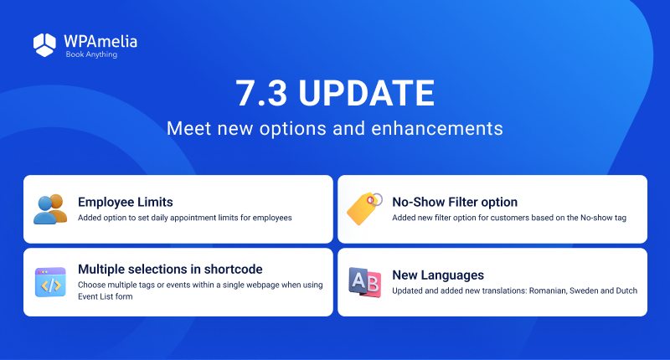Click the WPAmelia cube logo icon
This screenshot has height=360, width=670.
click(44, 45)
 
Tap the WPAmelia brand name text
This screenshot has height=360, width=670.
click(100, 41)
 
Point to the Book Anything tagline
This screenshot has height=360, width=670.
click(91, 54)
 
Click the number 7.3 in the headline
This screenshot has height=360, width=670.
click(261, 93)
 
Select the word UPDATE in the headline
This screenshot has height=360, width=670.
click(366, 93)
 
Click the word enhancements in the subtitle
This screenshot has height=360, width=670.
click(437, 128)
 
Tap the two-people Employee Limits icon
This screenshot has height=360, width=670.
click(50, 208)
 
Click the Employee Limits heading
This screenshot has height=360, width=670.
click(126, 202)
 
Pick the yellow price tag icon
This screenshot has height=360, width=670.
click(364, 208)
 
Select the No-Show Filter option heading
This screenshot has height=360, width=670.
click(455, 202)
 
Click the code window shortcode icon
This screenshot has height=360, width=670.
click(50, 282)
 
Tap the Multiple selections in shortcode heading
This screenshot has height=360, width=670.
click(170, 269)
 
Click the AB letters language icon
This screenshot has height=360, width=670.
click(364, 282)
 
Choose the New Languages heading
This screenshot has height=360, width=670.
click(438, 275)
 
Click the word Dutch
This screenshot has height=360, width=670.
click(626, 291)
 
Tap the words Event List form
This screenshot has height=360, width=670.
click(106, 296)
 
